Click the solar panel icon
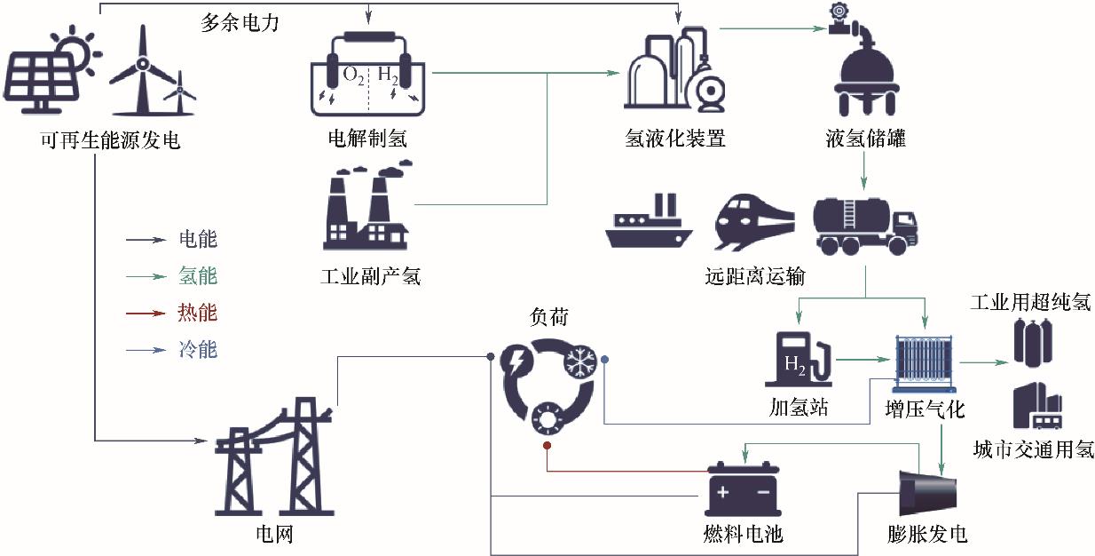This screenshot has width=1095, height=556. click(44, 75)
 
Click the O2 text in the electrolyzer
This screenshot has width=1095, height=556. click(353, 76)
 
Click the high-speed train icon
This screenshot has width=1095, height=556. click(754, 222)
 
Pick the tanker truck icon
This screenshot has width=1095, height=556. click(863, 225)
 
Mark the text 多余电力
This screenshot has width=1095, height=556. click(240, 24)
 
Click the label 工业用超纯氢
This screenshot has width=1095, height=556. click(1030, 303)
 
